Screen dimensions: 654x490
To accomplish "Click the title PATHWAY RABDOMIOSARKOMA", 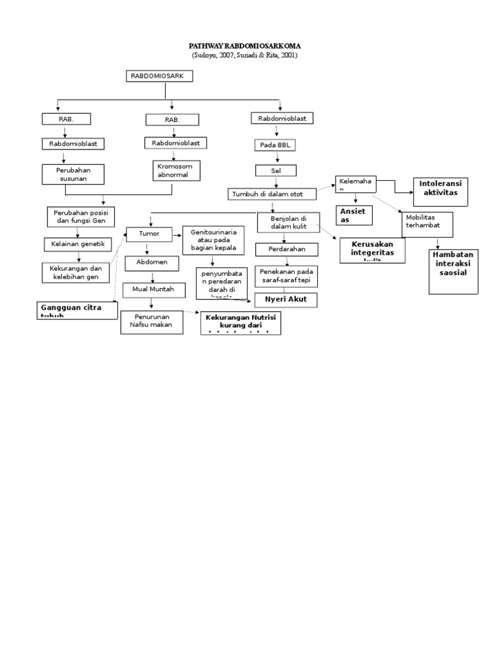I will [244, 47].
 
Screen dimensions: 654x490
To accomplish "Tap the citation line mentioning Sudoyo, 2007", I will [244, 56].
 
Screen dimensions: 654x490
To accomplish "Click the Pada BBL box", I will [275, 145].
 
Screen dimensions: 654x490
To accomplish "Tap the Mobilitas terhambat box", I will [427, 224].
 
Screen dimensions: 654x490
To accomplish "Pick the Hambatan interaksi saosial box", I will [454, 271].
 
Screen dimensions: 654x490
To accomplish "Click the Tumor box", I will [149, 234].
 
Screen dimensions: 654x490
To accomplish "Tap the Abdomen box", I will [151, 262].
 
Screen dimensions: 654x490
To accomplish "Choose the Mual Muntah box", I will [153, 290].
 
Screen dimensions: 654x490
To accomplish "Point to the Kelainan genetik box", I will [78, 243].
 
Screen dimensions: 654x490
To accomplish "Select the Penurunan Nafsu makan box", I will [151, 322].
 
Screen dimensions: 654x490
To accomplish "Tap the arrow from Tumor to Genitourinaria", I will [176, 235].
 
